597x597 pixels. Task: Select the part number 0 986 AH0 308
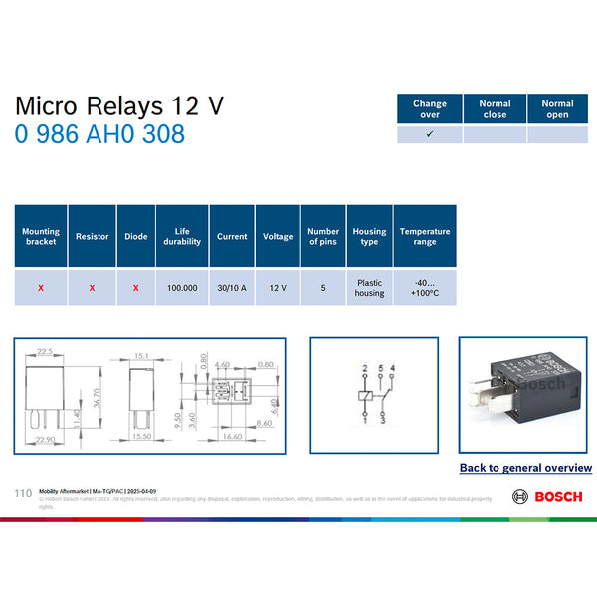99,134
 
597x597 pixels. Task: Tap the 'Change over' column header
430,108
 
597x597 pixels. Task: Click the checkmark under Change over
430,134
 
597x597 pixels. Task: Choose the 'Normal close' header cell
495,108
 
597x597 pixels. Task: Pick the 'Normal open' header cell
557,108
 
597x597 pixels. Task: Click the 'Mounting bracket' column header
41,236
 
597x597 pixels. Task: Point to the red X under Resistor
92,287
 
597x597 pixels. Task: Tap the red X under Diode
135,287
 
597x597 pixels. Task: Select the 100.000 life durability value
182,287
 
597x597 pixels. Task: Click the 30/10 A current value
232,287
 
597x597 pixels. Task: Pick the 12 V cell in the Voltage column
278,287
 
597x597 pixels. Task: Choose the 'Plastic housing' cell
369,287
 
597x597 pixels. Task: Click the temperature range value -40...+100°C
425,287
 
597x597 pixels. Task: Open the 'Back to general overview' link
525,467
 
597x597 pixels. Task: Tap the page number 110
24,493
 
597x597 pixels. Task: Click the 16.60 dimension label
233,436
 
